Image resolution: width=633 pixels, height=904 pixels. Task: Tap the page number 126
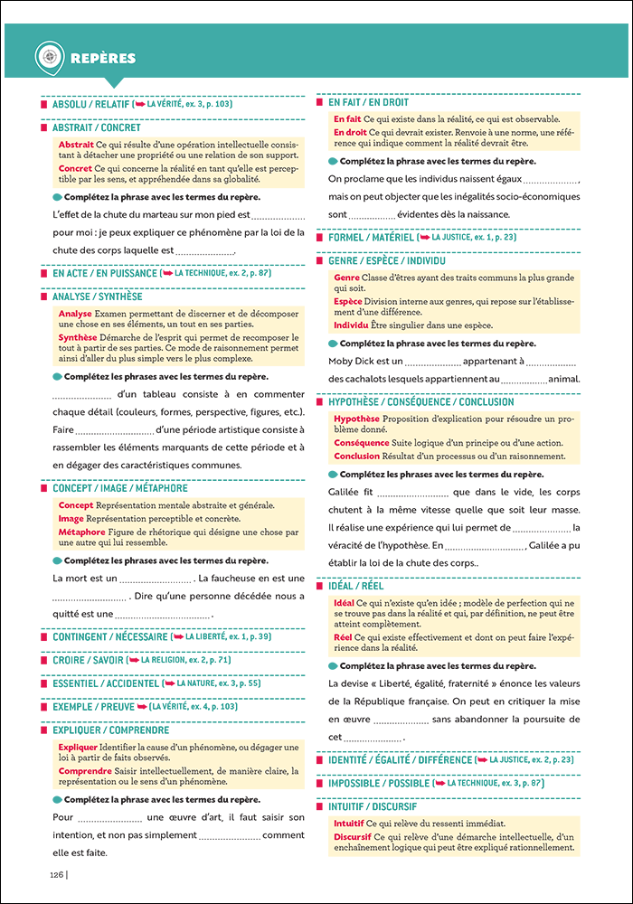point(55,874)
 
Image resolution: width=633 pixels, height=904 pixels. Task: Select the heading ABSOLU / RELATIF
point(90,105)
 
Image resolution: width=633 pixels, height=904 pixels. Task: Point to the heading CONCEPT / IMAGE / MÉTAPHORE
point(119,488)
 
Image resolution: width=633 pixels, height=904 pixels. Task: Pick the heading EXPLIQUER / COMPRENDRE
point(110,730)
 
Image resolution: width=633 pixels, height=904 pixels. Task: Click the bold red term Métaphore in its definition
point(81,532)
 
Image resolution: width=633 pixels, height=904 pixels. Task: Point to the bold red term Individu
point(352,325)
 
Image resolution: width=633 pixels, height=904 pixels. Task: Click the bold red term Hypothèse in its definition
point(356,419)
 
